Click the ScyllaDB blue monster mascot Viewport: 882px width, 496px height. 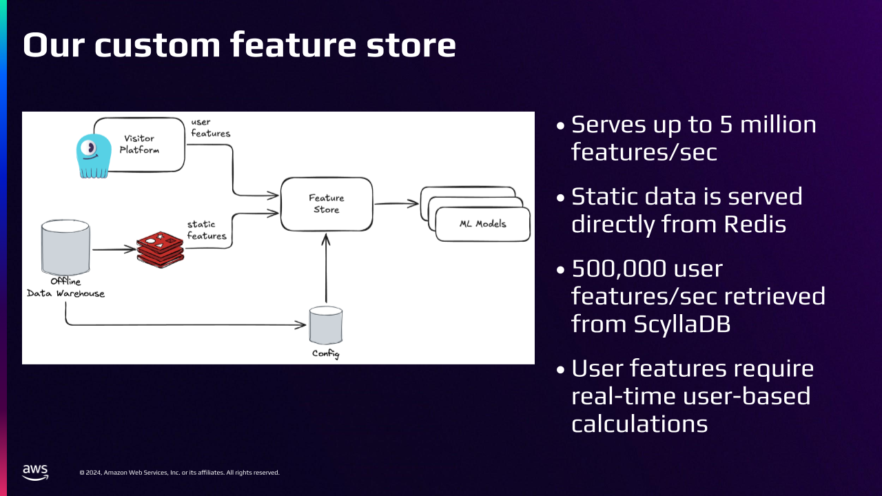point(94,156)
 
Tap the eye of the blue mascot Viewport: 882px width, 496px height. point(89,148)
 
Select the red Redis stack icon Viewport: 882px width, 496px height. point(161,250)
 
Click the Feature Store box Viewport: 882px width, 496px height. point(327,204)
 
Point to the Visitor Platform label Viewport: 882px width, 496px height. point(139,144)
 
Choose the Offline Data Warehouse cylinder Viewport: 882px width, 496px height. point(65,247)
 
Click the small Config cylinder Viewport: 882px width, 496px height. point(326,325)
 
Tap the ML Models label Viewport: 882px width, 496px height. point(483,224)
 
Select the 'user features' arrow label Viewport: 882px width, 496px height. point(211,128)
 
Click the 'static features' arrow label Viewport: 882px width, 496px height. point(207,230)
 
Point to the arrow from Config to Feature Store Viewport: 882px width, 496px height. point(326,268)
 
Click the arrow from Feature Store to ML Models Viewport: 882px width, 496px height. point(396,203)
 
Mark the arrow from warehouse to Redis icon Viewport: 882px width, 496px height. point(114,249)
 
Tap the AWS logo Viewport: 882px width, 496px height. point(35,473)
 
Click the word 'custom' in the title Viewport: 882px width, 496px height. point(157,45)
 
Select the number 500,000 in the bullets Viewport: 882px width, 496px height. point(619,269)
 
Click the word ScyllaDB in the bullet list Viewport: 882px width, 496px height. point(682,324)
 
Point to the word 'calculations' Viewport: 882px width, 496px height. point(639,424)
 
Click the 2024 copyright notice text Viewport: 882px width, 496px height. point(180,473)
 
